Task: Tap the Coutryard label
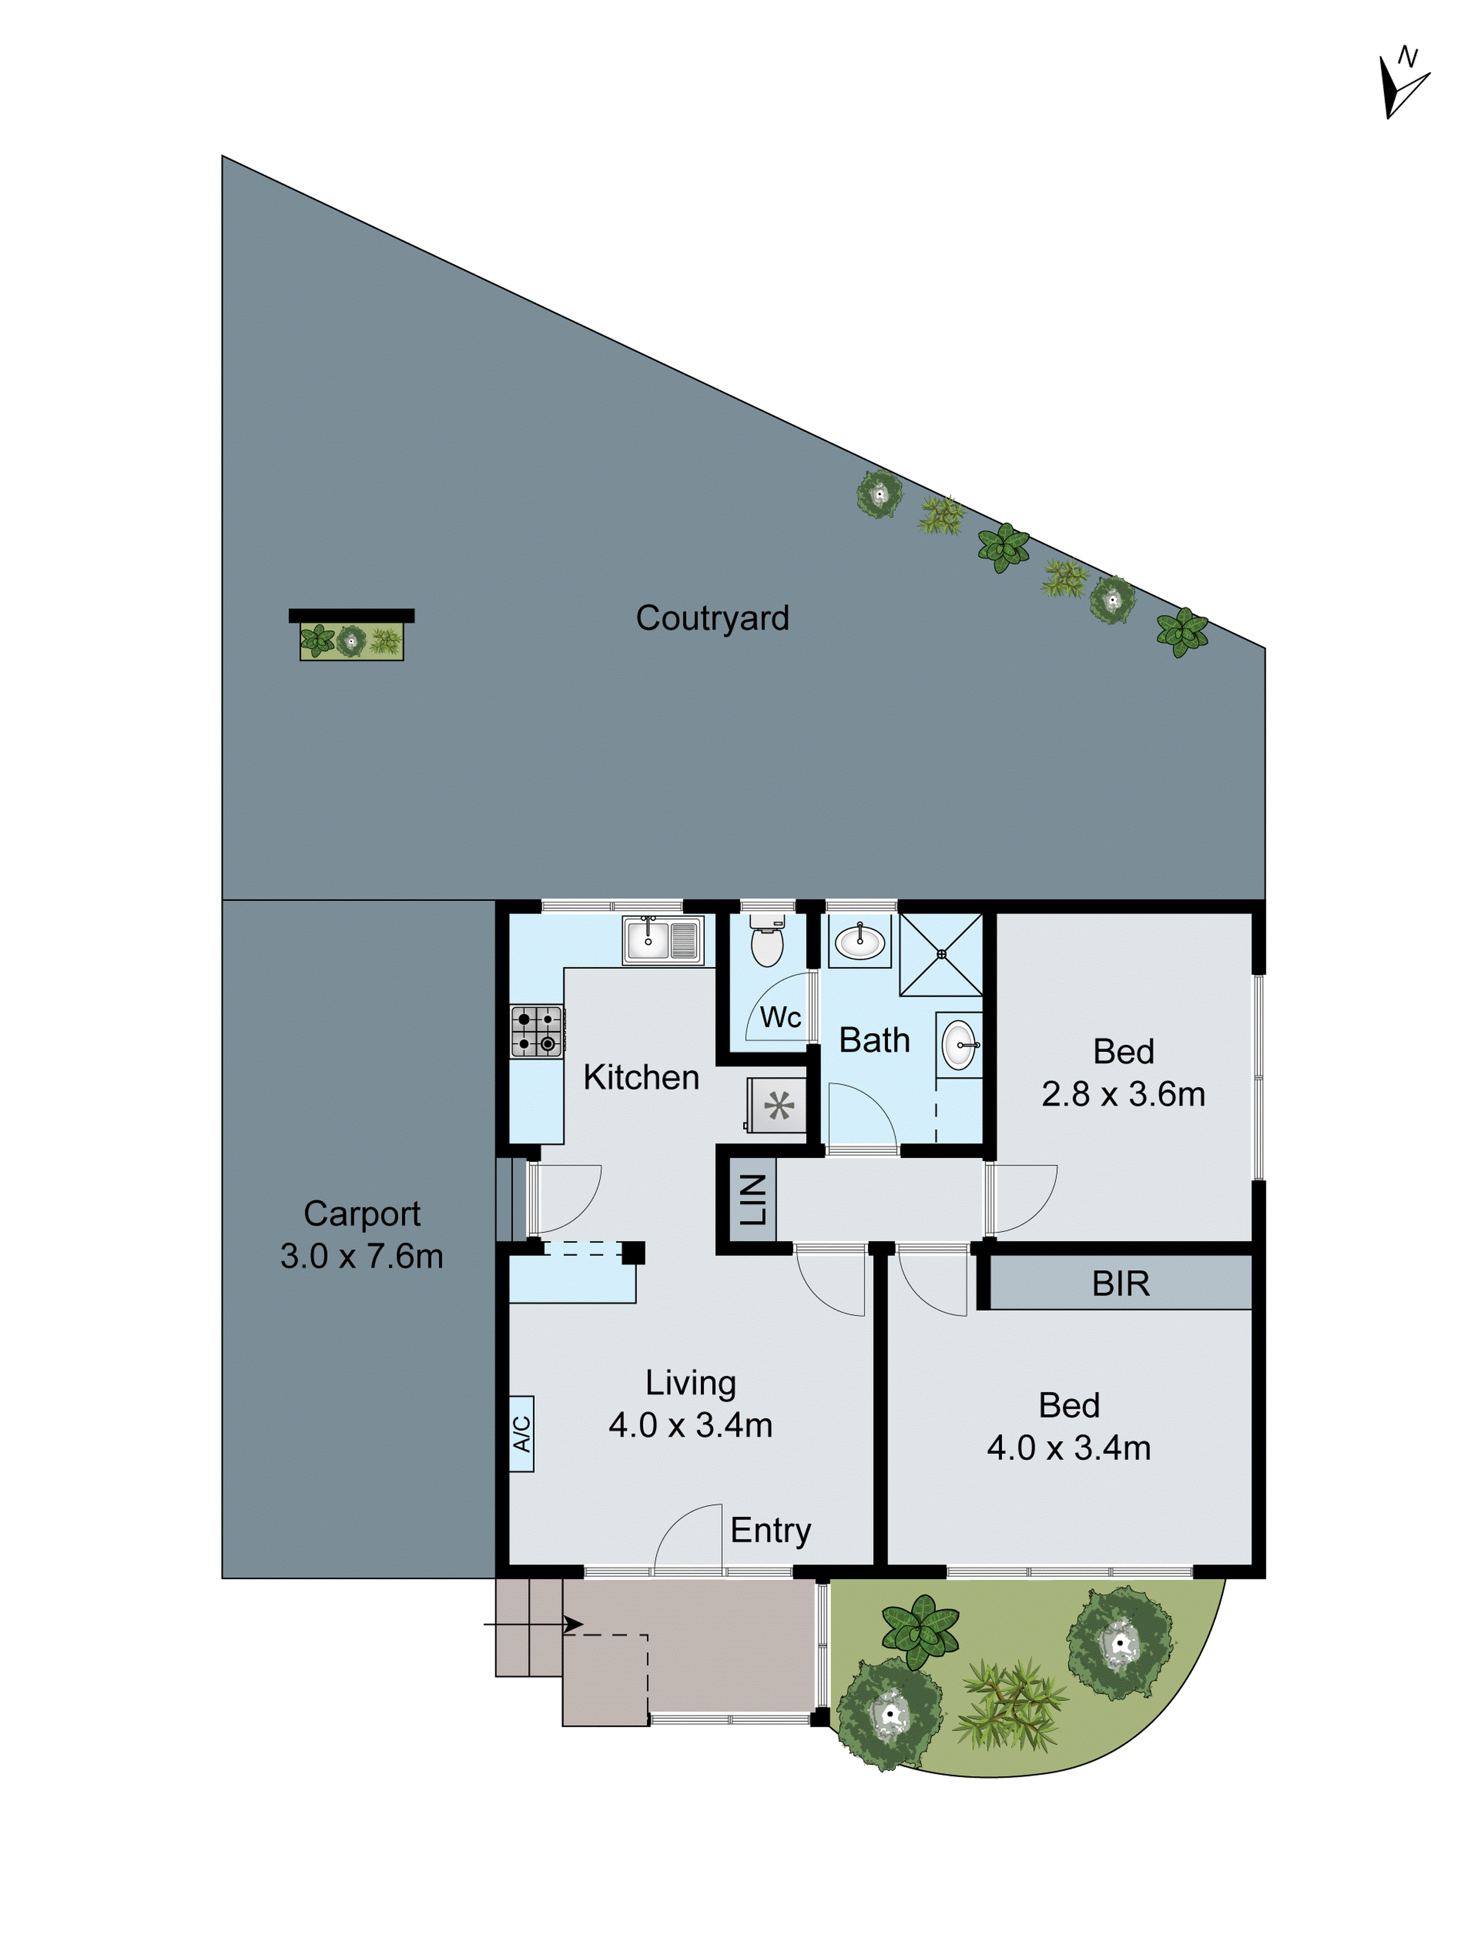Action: click(712, 618)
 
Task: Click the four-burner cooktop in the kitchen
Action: click(536, 1031)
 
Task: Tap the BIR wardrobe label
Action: click(1120, 1284)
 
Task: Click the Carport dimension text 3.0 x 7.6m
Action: click(361, 1256)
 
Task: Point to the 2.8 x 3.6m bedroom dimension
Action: click(1123, 1094)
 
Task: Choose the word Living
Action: click(691, 1383)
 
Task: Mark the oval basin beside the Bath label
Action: click(958, 1045)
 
